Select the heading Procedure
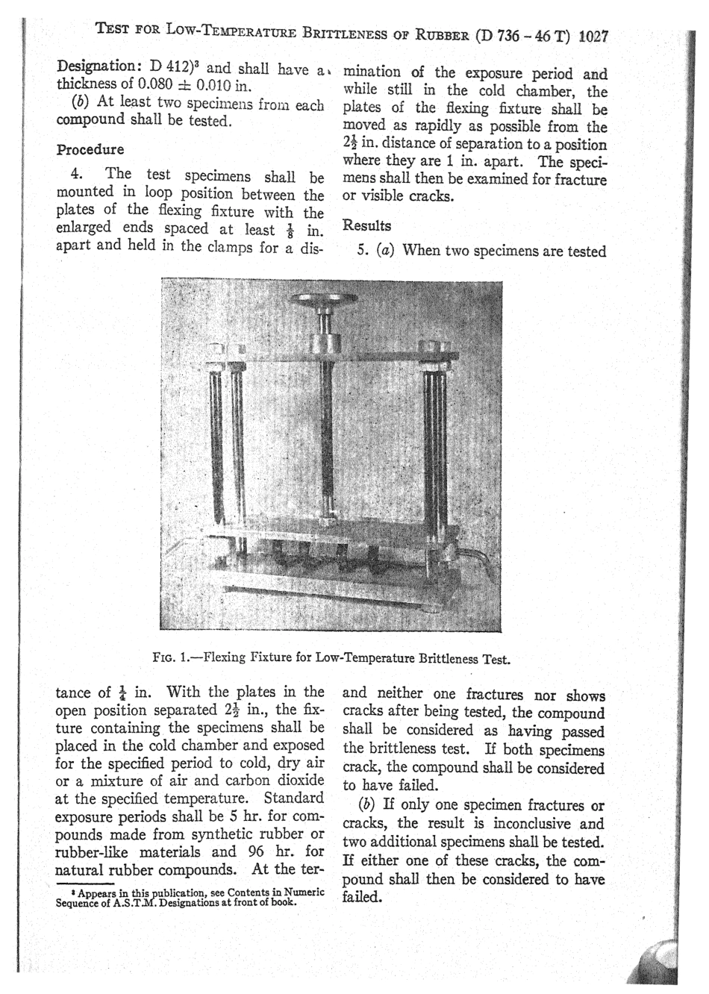tap(90, 149)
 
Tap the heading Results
tap(366, 225)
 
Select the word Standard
tap(294, 798)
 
